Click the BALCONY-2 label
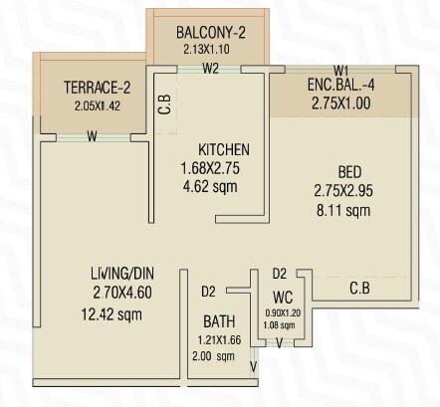tap(210, 32)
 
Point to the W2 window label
tap(210, 69)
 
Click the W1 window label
tap(340, 70)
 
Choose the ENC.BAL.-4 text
tap(340, 86)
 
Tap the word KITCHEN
tap(223, 149)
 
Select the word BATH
tap(218, 321)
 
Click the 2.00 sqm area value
tap(217, 355)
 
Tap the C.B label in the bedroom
tap(361, 289)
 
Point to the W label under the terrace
tap(92, 136)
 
